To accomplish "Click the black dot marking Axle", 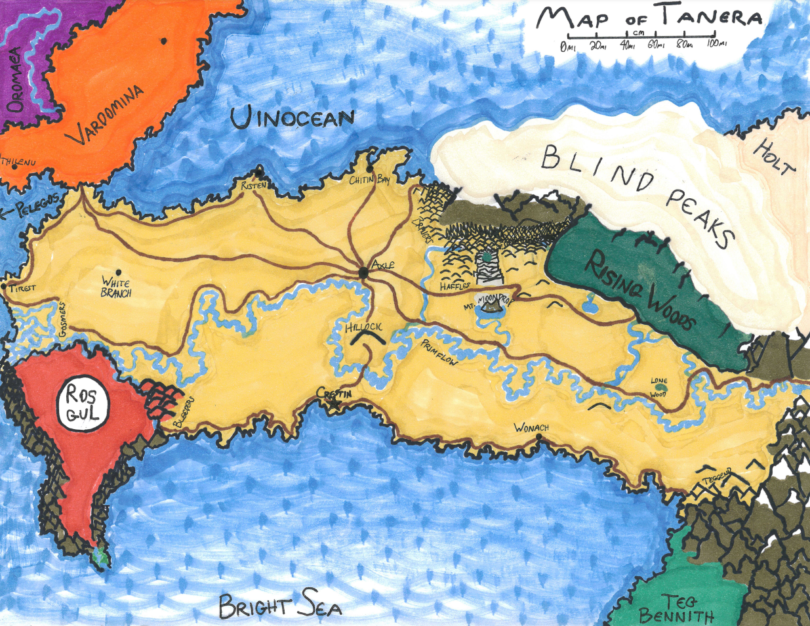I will coord(363,272).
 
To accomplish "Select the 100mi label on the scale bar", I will coord(717,45).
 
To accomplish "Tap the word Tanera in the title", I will coord(711,17).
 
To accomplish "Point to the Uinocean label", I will coord(292,118).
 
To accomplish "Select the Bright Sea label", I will coord(280,606).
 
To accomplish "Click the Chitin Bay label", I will coord(369,180).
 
